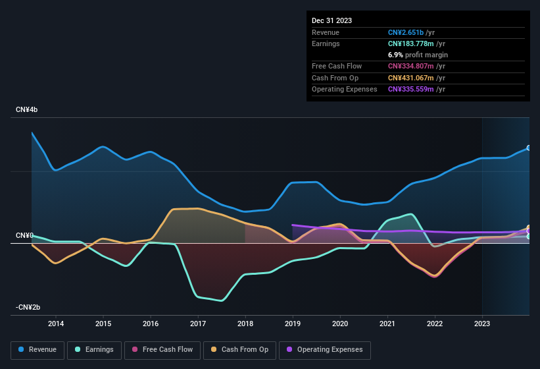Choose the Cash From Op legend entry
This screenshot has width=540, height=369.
(x=239, y=349)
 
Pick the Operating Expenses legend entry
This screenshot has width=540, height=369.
(x=325, y=349)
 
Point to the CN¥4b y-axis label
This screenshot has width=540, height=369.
(x=27, y=110)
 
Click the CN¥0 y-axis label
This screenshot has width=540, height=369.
(x=24, y=235)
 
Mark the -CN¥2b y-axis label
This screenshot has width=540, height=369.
(x=28, y=308)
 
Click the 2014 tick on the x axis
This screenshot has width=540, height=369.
(x=56, y=324)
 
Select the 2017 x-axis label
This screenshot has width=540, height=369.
(x=198, y=324)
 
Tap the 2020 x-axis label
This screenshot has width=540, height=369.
(x=340, y=324)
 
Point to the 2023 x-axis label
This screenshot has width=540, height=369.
(x=482, y=324)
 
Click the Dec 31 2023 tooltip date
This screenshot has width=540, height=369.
(x=331, y=20)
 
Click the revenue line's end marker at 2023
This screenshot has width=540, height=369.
(x=529, y=148)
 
